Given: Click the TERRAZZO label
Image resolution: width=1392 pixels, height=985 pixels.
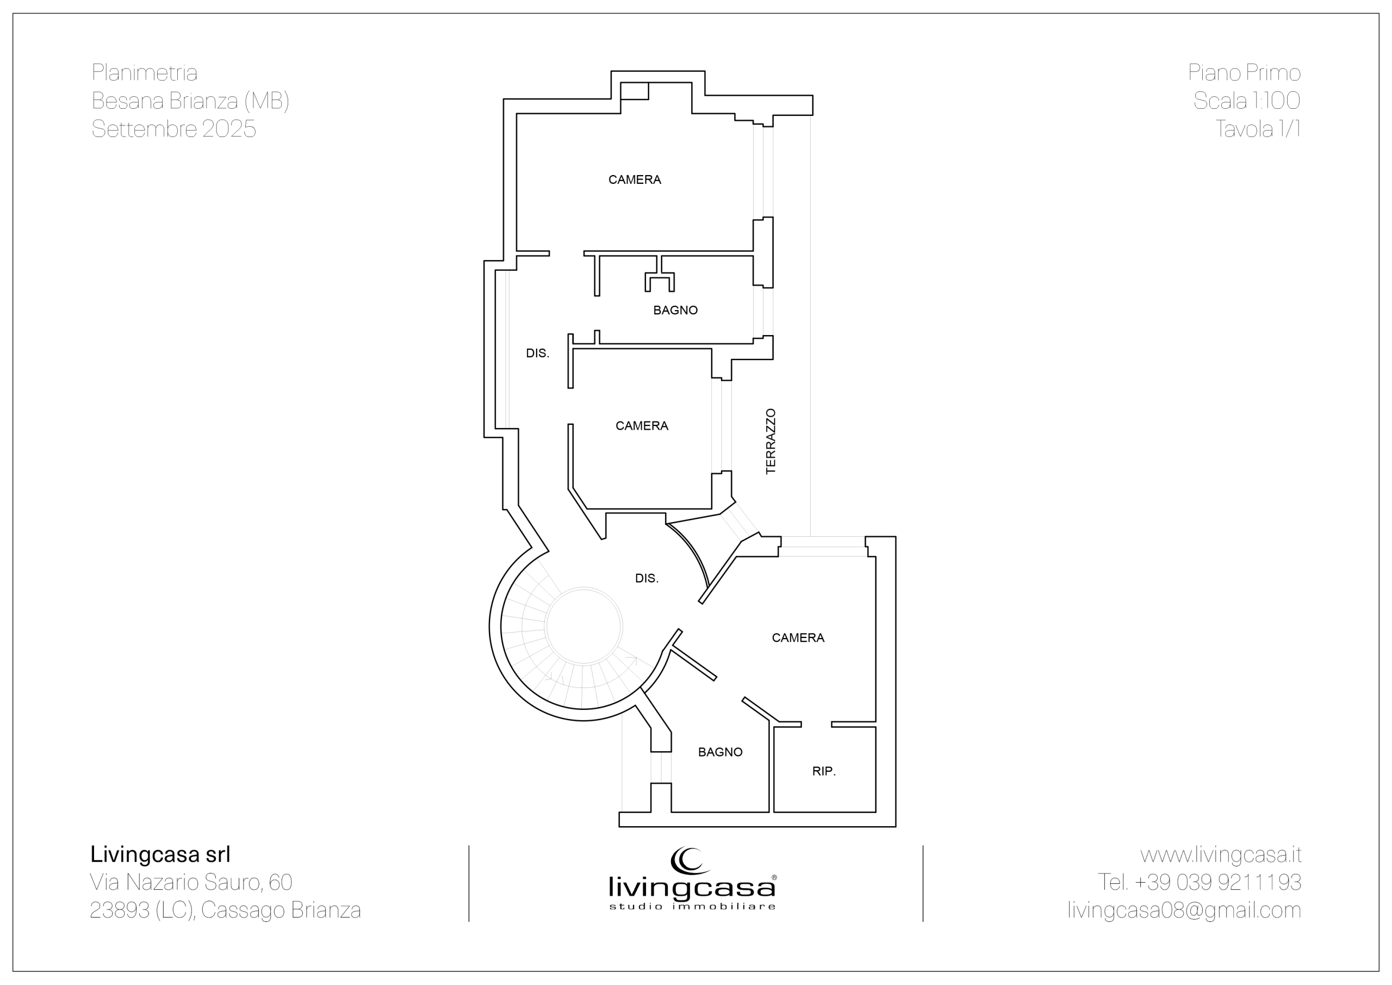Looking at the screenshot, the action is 770,442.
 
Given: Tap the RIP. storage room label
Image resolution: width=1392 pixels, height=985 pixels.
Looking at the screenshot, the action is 824,771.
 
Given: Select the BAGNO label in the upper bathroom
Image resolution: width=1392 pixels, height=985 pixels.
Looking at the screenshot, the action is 675,311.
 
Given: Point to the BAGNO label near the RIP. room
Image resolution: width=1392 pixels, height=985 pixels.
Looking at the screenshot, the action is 720,752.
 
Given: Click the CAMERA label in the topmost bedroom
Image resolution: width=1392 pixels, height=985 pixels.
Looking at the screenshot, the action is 635,179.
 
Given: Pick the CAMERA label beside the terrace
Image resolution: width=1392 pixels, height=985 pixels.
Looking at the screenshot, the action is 642,426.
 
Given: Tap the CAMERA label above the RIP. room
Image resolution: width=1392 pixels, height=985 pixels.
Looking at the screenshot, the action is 798,637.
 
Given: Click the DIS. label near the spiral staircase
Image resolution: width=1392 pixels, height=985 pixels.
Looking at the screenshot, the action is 647,579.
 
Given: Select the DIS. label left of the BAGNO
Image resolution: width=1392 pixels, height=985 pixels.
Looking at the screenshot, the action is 538,354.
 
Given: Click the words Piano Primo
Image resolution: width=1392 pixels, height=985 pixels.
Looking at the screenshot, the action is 1245,73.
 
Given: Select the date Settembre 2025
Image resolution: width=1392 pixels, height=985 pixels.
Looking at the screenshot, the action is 174,128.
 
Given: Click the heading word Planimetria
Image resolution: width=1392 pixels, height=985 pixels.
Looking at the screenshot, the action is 144,73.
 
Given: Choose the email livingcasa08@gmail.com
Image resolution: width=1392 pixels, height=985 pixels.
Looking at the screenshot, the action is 1184,910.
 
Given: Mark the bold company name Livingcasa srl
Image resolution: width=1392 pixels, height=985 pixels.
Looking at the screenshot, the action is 160,854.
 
